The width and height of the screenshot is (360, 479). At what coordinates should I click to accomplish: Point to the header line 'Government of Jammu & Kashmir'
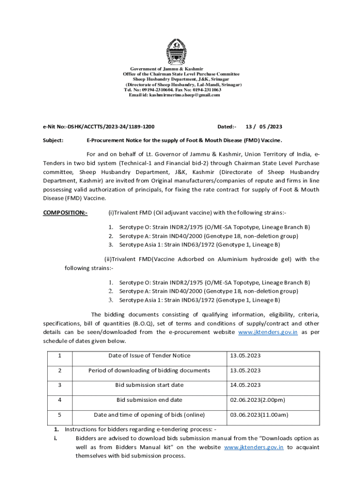[180, 69]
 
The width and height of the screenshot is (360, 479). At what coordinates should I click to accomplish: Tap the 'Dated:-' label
[227, 127]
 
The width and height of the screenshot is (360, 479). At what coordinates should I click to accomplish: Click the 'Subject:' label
[54, 140]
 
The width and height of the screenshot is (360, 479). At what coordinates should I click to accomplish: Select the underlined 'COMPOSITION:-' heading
[65, 213]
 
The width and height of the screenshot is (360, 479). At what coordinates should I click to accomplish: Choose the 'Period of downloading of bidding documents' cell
[149, 370]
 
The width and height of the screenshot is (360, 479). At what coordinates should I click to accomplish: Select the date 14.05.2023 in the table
[245, 385]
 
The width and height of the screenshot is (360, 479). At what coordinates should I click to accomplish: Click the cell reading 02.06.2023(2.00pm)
[257, 400]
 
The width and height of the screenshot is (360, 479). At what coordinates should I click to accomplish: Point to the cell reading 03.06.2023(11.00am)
[259, 414]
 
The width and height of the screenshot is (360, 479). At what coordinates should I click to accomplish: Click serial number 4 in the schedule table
[60, 400]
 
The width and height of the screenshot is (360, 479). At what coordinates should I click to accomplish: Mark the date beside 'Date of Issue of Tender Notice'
[245, 356]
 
